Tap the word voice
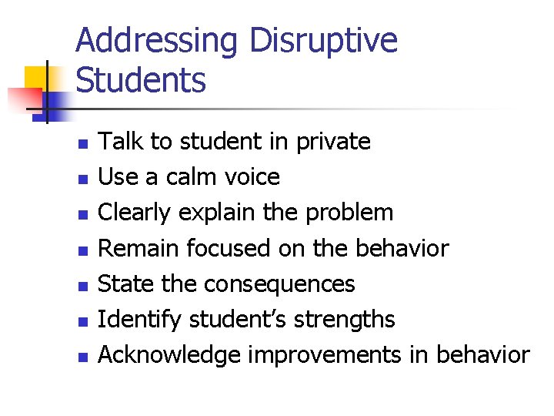click(252, 177)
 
